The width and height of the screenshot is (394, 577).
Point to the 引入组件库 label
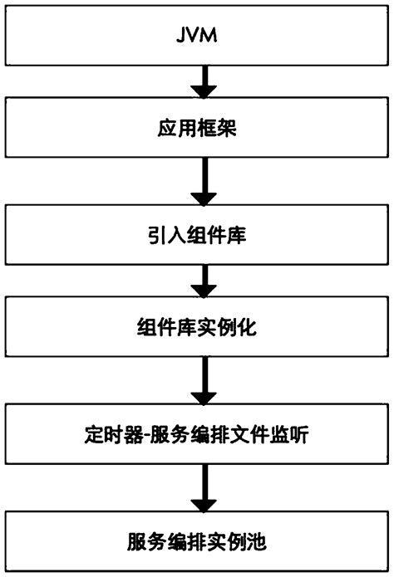(197, 235)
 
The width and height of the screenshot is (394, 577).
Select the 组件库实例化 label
(197, 328)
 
